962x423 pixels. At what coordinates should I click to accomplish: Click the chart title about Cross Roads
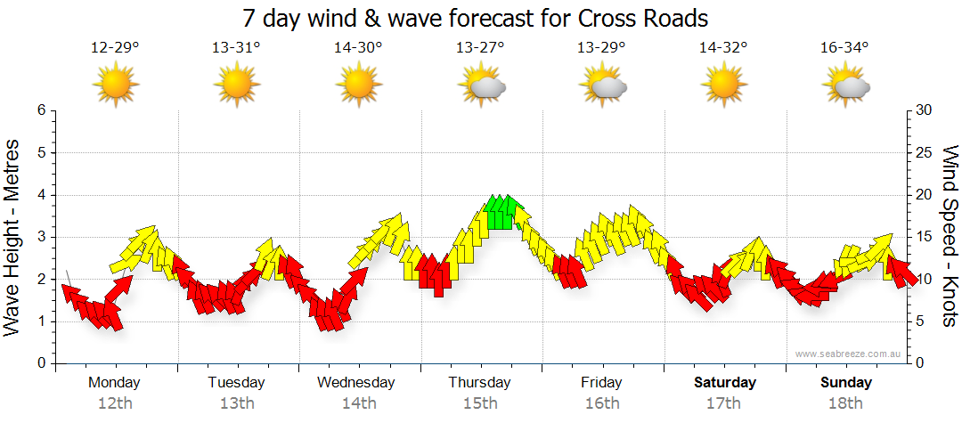coord(480,18)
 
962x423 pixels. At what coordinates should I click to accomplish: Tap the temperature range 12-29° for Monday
coord(115,48)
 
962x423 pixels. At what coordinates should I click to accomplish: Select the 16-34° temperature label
coord(844,48)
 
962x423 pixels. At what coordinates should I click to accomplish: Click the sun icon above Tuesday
coord(237,85)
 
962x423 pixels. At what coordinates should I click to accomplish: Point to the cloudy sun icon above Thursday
coord(482,85)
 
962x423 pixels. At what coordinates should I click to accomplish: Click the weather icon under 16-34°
coord(846,85)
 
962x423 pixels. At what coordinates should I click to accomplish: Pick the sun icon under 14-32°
coord(724,85)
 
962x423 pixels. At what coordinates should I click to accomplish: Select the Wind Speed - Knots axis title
coord(950,237)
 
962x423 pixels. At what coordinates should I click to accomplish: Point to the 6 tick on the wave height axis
coord(40,110)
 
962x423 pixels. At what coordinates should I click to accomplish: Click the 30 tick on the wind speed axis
coord(925,110)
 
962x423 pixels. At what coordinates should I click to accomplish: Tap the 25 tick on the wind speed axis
coord(925,152)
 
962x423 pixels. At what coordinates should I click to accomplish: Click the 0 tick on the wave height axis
coord(40,363)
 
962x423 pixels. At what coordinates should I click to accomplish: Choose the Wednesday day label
coord(356,383)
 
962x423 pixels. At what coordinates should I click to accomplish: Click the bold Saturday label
coord(725,383)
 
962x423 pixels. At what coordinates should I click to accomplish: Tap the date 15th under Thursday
coord(480,403)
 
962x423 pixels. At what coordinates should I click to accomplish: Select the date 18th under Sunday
coord(846,403)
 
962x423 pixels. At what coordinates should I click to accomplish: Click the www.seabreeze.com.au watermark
coord(849,354)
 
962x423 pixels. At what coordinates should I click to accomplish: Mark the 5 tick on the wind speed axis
coord(921,321)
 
